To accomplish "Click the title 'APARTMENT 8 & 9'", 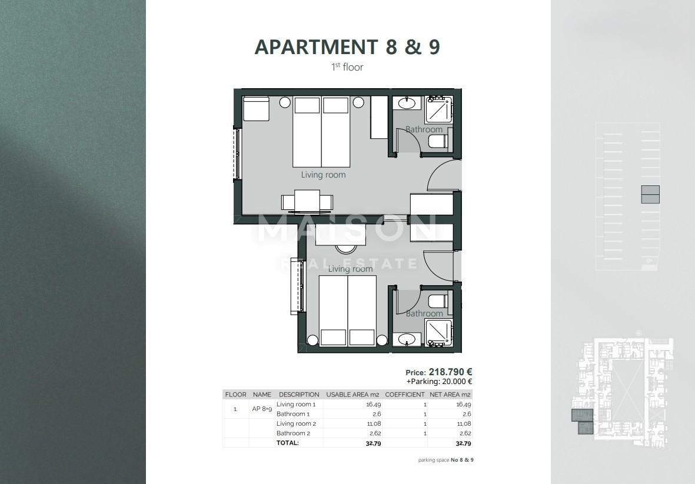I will (347, 47).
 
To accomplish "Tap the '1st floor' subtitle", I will (347, 67).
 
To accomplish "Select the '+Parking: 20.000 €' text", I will (440, 381).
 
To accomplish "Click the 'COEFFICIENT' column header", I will (404, 395).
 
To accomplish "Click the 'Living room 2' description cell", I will (297, 423).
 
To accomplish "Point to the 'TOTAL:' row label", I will (288, 443).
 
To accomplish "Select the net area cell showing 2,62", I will (464, 433).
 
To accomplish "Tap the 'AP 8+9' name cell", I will (262, 409).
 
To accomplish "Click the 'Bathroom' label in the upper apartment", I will (424, 129).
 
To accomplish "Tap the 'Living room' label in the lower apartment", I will (350, 269).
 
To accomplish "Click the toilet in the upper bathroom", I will (437, 142).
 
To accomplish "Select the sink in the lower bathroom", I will (406, 339).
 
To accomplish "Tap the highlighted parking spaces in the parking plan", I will (650, 194).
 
